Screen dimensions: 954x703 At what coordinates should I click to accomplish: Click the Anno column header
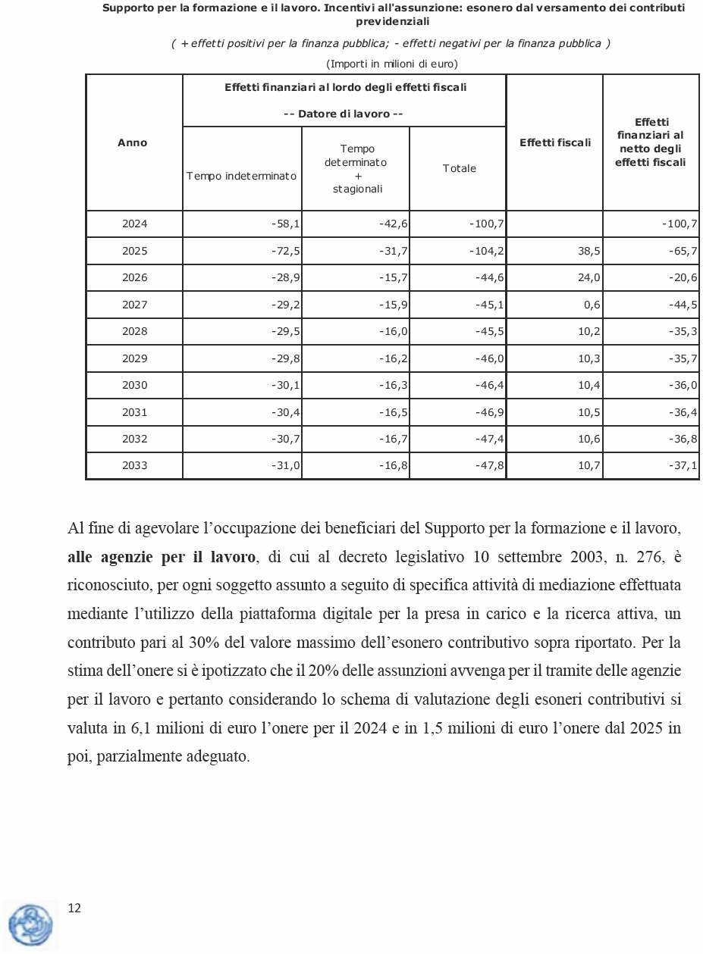coord(133,142)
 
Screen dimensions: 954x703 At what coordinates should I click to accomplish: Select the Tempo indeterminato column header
coord(241,176)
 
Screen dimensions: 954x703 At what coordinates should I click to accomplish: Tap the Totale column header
coord(459,168)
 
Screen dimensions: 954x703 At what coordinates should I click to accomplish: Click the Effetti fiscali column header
coord(554,142)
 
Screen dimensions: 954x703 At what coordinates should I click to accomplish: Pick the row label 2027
coord(134,305)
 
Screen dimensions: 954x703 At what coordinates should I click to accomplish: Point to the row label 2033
coord(134,466)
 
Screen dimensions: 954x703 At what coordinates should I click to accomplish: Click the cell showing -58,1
coord(286,224)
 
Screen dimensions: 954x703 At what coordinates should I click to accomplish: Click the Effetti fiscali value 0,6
coord(592,305)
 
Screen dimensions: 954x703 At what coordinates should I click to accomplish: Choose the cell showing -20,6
coord(683,278)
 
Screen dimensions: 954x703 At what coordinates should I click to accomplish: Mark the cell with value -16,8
coord(394,466)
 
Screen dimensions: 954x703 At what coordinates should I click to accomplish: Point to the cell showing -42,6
coord(394,224)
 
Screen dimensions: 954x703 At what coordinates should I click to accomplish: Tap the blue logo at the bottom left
coord(31,924)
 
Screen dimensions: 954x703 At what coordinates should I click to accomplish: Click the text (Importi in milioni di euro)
coord(392,63)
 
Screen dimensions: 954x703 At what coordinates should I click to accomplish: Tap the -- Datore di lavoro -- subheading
coord(343,114)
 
